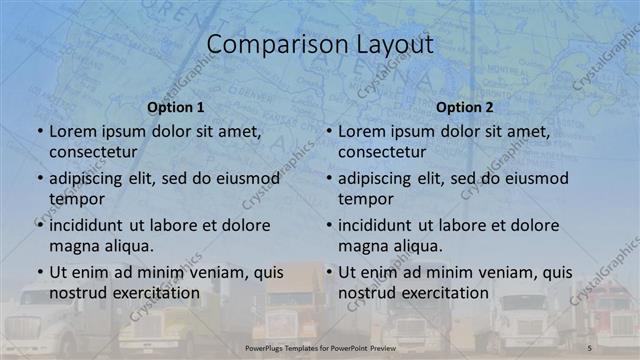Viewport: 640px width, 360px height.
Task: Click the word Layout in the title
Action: tap(393, 45)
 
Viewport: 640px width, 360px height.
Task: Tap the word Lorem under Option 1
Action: tap(74, 131)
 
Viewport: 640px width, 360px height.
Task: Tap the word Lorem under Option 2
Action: tap(363, 131)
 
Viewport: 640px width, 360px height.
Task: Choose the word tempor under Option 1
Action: tap(77, 199)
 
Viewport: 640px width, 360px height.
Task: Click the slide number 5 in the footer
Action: tap(590, 347)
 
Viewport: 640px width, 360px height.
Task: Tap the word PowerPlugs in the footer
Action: tap(266, 347)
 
